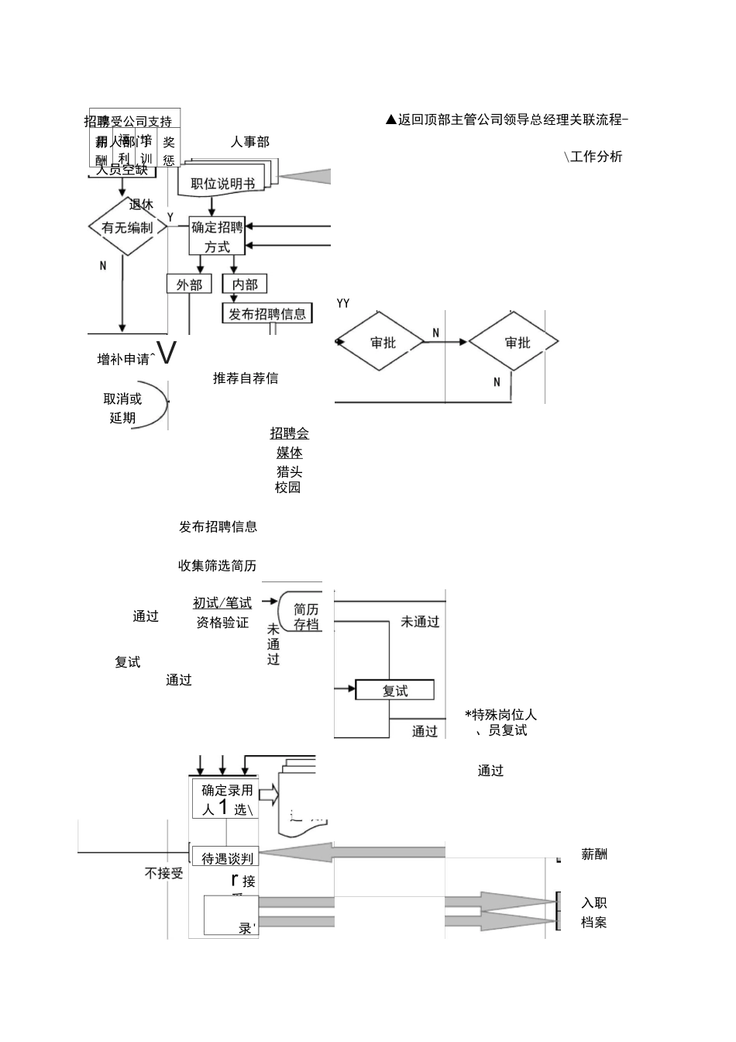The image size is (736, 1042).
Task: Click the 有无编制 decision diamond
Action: coord(127,227)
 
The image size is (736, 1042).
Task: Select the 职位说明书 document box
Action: coord(223,183)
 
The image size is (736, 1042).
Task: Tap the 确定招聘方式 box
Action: coord(217,236)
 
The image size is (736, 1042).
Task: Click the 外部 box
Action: coord(189,285)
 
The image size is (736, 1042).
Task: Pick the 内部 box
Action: coord(245,285)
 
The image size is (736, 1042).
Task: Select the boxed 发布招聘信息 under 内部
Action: coord(267,314)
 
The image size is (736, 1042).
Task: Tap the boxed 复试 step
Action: coord(394,690)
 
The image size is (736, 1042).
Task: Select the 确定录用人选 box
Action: coord(225,799)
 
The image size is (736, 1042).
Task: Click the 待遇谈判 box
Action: coord(225,857)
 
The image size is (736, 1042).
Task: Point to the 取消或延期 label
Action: coord(123,408)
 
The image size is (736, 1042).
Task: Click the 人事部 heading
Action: coord(249,142)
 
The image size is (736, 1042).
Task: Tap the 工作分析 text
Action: coord(595,157)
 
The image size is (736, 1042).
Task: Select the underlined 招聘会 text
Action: coord(289,433)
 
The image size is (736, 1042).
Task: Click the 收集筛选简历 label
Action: coord(217,565)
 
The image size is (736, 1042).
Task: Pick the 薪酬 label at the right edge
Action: coord(594,854)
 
